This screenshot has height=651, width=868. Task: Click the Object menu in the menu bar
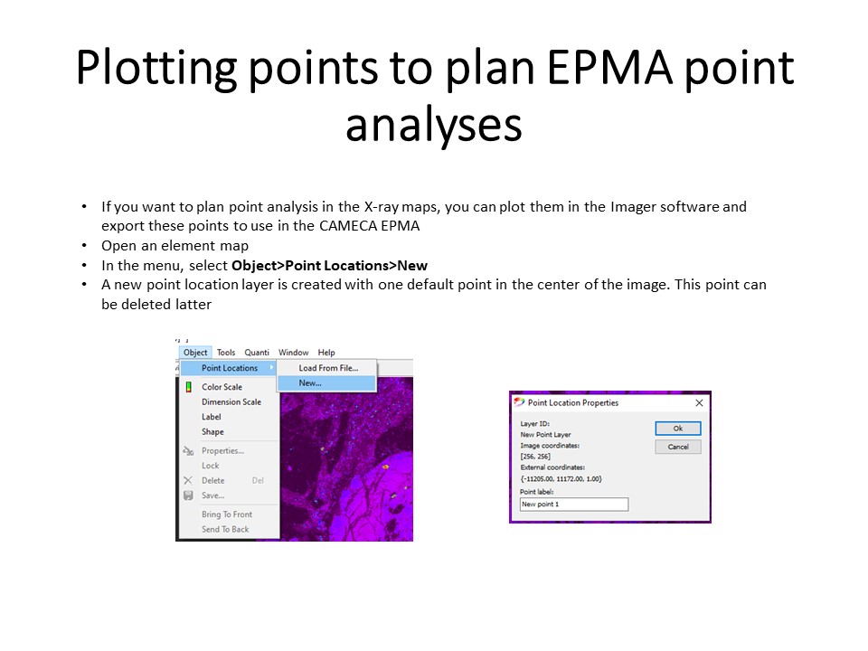[x=195, y=352]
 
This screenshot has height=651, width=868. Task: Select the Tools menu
[x=226, y=352]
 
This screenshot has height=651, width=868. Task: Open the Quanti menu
[x=257, y=352]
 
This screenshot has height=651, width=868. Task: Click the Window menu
[x=293, y=352]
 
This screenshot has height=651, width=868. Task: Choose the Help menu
[x=326, y=352]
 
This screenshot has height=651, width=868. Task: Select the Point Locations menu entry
[x=229, y=368]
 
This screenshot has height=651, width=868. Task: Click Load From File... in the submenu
[x=328, y=368]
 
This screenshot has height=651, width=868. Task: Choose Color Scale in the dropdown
[x=222, y=387]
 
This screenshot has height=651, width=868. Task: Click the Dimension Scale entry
[x=231, y=401]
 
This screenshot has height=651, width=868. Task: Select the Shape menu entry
[x=212, y=432]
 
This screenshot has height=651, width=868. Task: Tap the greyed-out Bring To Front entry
[x=227, y=514]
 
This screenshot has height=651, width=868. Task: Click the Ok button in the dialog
[x=677, y=429]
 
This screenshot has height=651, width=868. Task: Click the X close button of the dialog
[x=699, y=403]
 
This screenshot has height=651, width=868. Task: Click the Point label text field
[x=574, y=505]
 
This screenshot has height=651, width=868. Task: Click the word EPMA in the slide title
[x=609, y=68]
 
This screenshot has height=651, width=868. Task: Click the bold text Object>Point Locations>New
[x=329, y=266]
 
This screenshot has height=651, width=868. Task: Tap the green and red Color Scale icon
[x=189, y=386]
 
